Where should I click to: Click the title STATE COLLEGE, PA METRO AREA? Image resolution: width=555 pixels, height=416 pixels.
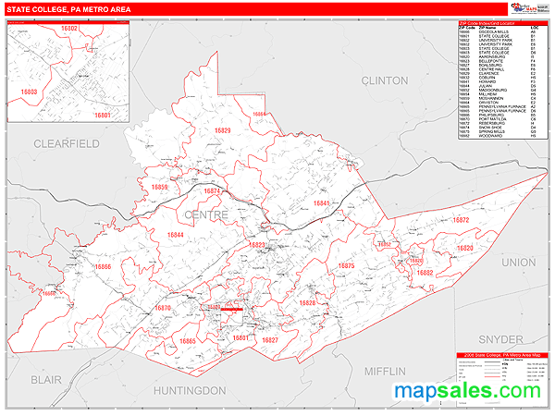point(68,9)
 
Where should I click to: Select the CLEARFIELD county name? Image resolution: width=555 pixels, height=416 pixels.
point(66,144)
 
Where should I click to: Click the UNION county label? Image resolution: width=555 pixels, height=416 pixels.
point(519,263)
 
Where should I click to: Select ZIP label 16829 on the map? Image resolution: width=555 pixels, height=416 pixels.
point(222,131)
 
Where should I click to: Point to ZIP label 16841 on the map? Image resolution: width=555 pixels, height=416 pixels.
point(322,202)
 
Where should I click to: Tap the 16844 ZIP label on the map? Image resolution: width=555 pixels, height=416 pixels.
point(176,235)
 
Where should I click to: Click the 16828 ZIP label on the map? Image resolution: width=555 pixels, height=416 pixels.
point(306,303)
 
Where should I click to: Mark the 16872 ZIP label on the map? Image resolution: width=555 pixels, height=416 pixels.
point(436,220)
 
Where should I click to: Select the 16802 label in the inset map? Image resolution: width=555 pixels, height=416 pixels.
point(68,29)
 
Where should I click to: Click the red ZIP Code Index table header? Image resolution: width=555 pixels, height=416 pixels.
point(499,20)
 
